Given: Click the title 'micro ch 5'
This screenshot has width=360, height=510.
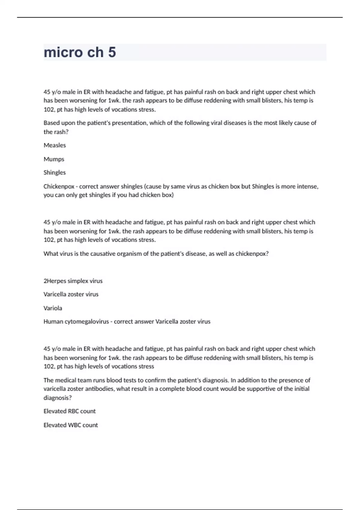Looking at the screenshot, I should [x=80, y=52].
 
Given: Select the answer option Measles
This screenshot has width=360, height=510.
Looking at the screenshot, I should [x=55, y=145].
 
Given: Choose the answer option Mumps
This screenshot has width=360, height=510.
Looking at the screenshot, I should [x=54, y=159].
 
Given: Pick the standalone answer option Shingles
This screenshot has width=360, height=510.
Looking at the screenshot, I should [x=55, y=172].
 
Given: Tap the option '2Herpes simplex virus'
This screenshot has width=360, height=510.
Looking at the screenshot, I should [x=73, y=281].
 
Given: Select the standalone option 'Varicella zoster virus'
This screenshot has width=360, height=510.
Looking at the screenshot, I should [x=71, y=294].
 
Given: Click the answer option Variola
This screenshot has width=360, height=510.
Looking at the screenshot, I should [x=53, y=308].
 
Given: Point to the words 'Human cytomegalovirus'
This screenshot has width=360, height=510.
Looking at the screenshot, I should [x=76, y=322].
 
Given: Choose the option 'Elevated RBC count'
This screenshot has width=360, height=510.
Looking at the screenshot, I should [x=70, y=411].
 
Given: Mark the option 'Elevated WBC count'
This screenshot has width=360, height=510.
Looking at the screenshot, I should [x=71, y=425].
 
